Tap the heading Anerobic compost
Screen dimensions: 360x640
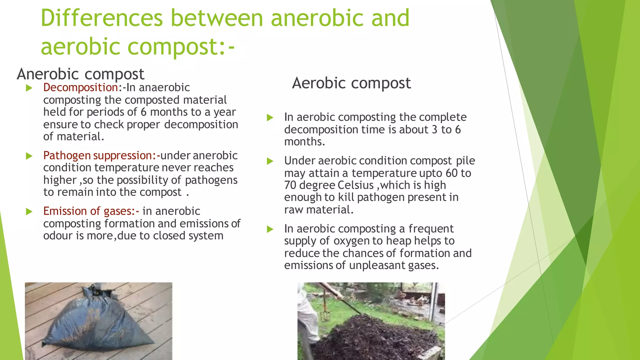81,74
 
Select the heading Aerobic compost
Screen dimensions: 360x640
351,83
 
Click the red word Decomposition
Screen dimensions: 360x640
81,87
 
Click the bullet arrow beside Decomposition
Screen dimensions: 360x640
29,88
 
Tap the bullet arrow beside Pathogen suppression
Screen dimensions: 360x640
29,156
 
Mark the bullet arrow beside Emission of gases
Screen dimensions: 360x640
29,212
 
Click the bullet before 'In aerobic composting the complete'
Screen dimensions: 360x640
270,118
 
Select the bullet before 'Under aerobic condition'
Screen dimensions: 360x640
270,161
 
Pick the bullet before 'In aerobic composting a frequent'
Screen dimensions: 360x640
270,229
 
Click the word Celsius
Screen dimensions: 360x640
355,185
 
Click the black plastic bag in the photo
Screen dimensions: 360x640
97,325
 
